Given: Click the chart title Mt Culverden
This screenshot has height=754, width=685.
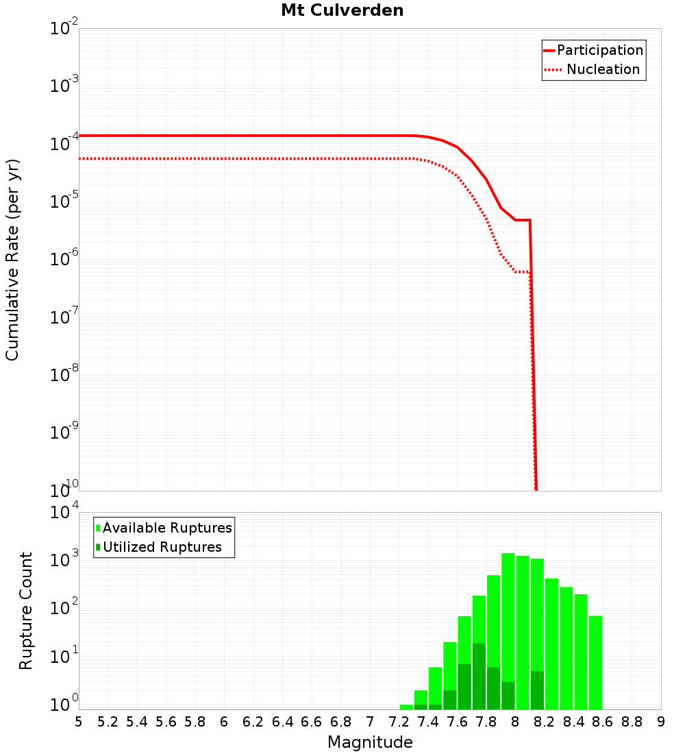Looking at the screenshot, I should tap(342, 11).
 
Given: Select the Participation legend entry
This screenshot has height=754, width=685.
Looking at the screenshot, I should tap(599, 50).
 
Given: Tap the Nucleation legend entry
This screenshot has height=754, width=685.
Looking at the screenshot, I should tap(602, 69).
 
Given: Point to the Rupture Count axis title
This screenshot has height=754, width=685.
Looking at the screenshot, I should tap(26, 611).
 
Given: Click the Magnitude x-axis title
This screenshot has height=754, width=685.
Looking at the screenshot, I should tap(370, 742).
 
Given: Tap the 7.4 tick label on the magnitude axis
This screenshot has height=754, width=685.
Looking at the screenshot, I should tap(428, 722).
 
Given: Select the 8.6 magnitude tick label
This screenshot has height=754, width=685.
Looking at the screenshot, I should tap(603, 722).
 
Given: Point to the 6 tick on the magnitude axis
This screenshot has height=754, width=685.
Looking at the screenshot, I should tap(225, 722).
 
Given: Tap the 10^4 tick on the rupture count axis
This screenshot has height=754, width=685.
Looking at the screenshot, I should tap(65, 513).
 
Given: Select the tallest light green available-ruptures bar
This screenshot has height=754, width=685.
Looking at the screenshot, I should tap(508, 617).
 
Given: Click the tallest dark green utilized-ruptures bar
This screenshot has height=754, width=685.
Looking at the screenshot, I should tap(480, 675).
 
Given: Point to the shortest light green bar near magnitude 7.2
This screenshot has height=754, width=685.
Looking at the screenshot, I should tap(406, 707).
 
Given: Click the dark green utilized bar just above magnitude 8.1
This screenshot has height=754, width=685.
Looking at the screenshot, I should tap(537, 690).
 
